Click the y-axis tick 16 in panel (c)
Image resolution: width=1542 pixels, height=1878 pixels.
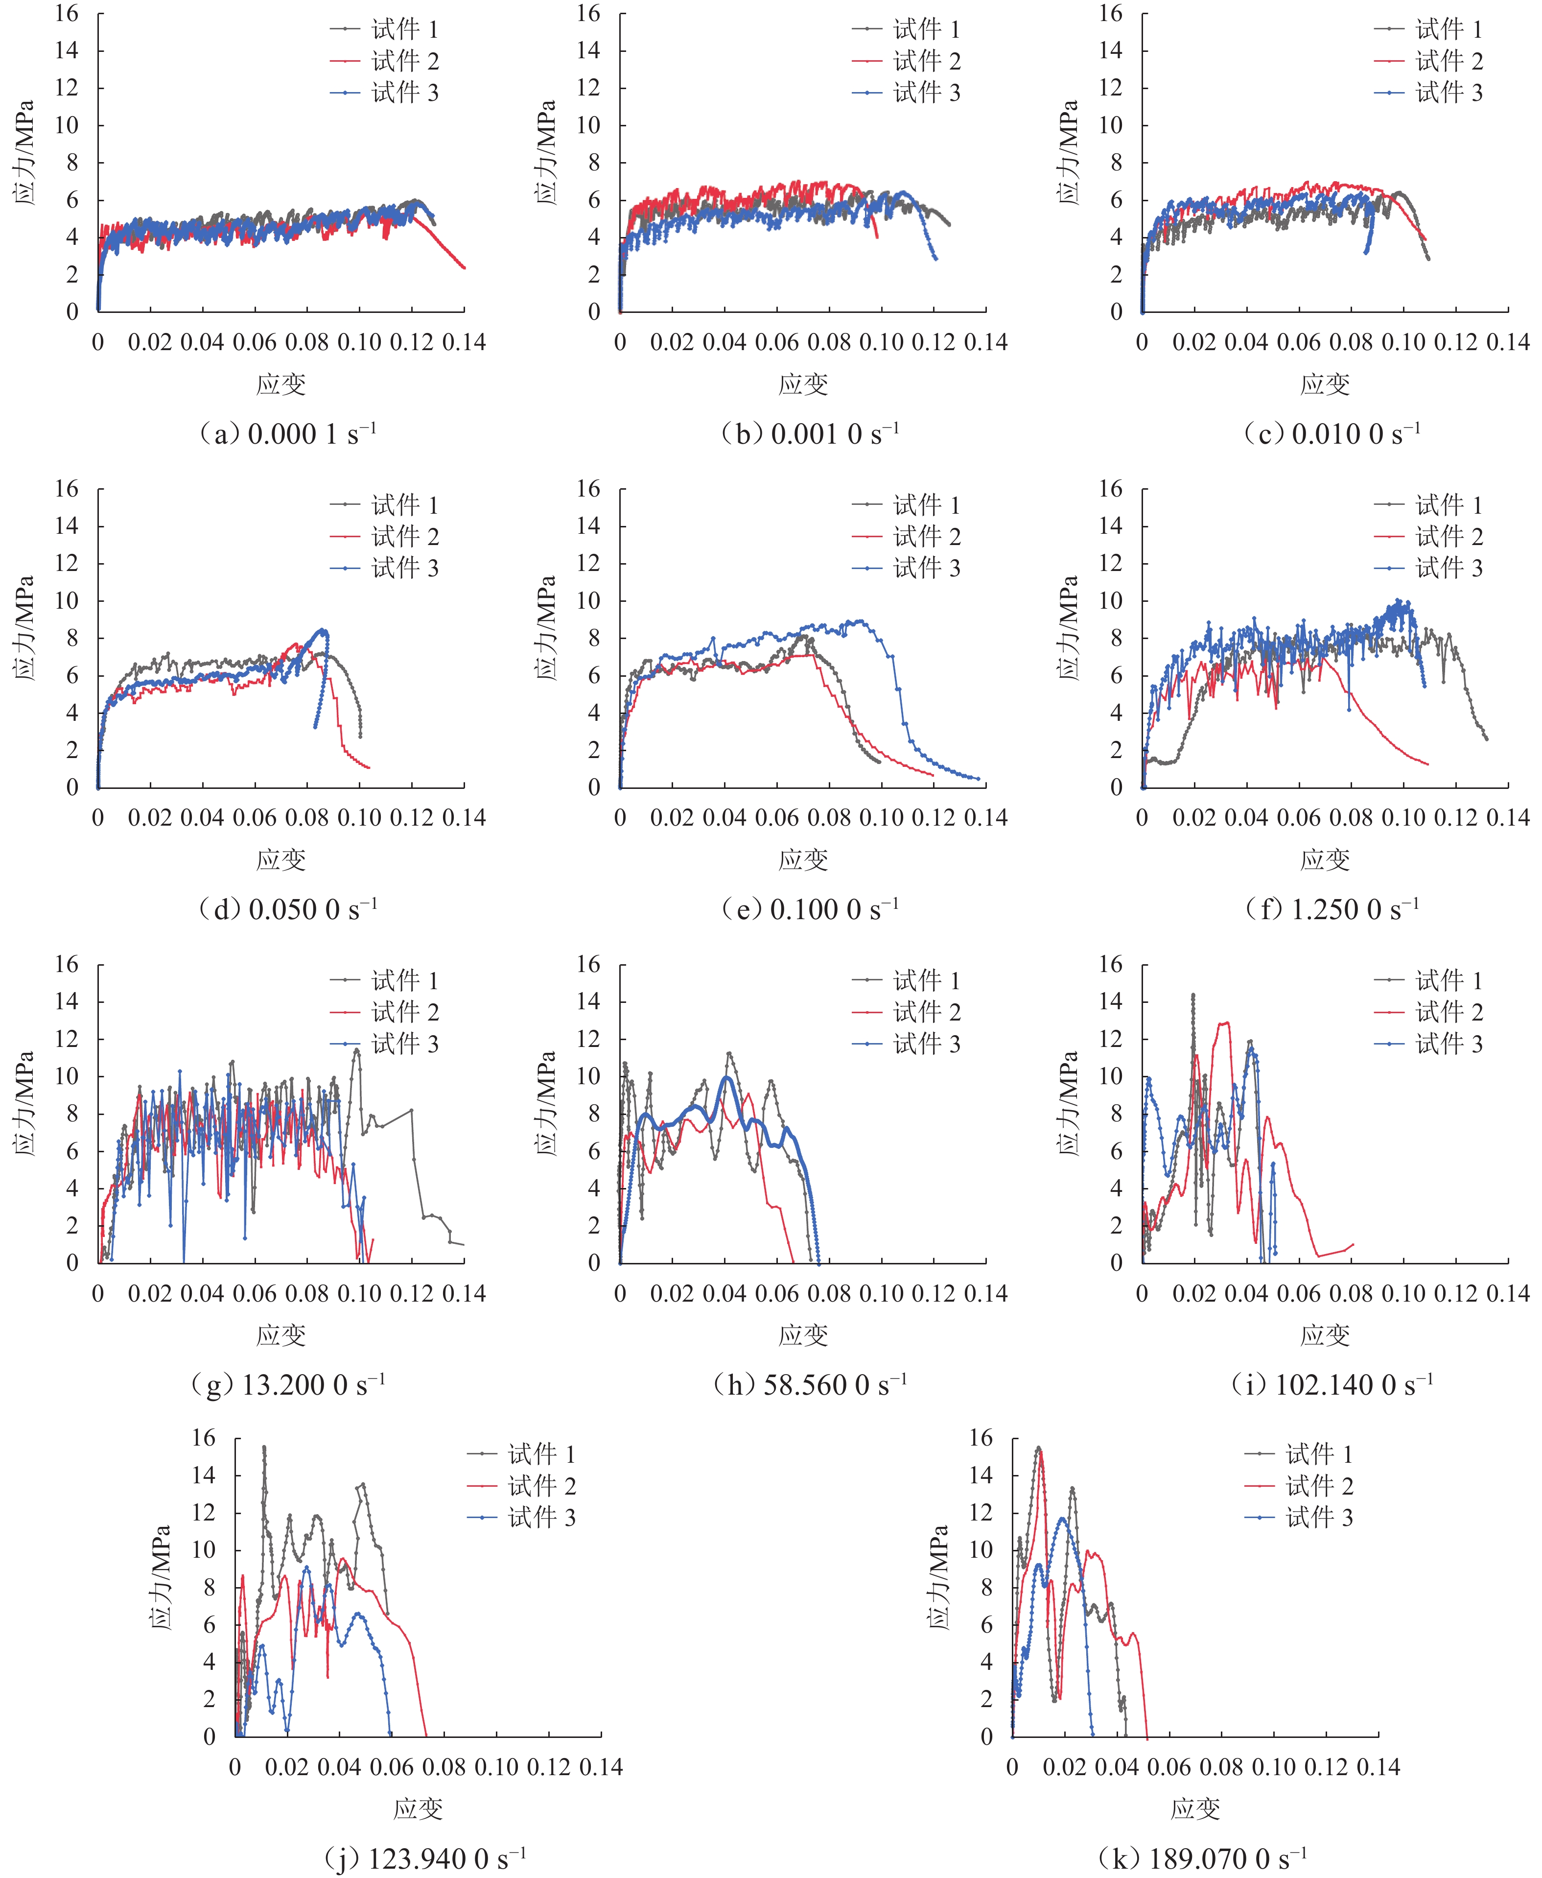[1110, 13]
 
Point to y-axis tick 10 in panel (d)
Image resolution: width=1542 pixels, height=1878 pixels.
[67, 600]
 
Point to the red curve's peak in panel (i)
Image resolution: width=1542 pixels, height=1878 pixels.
[1227, 1022]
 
